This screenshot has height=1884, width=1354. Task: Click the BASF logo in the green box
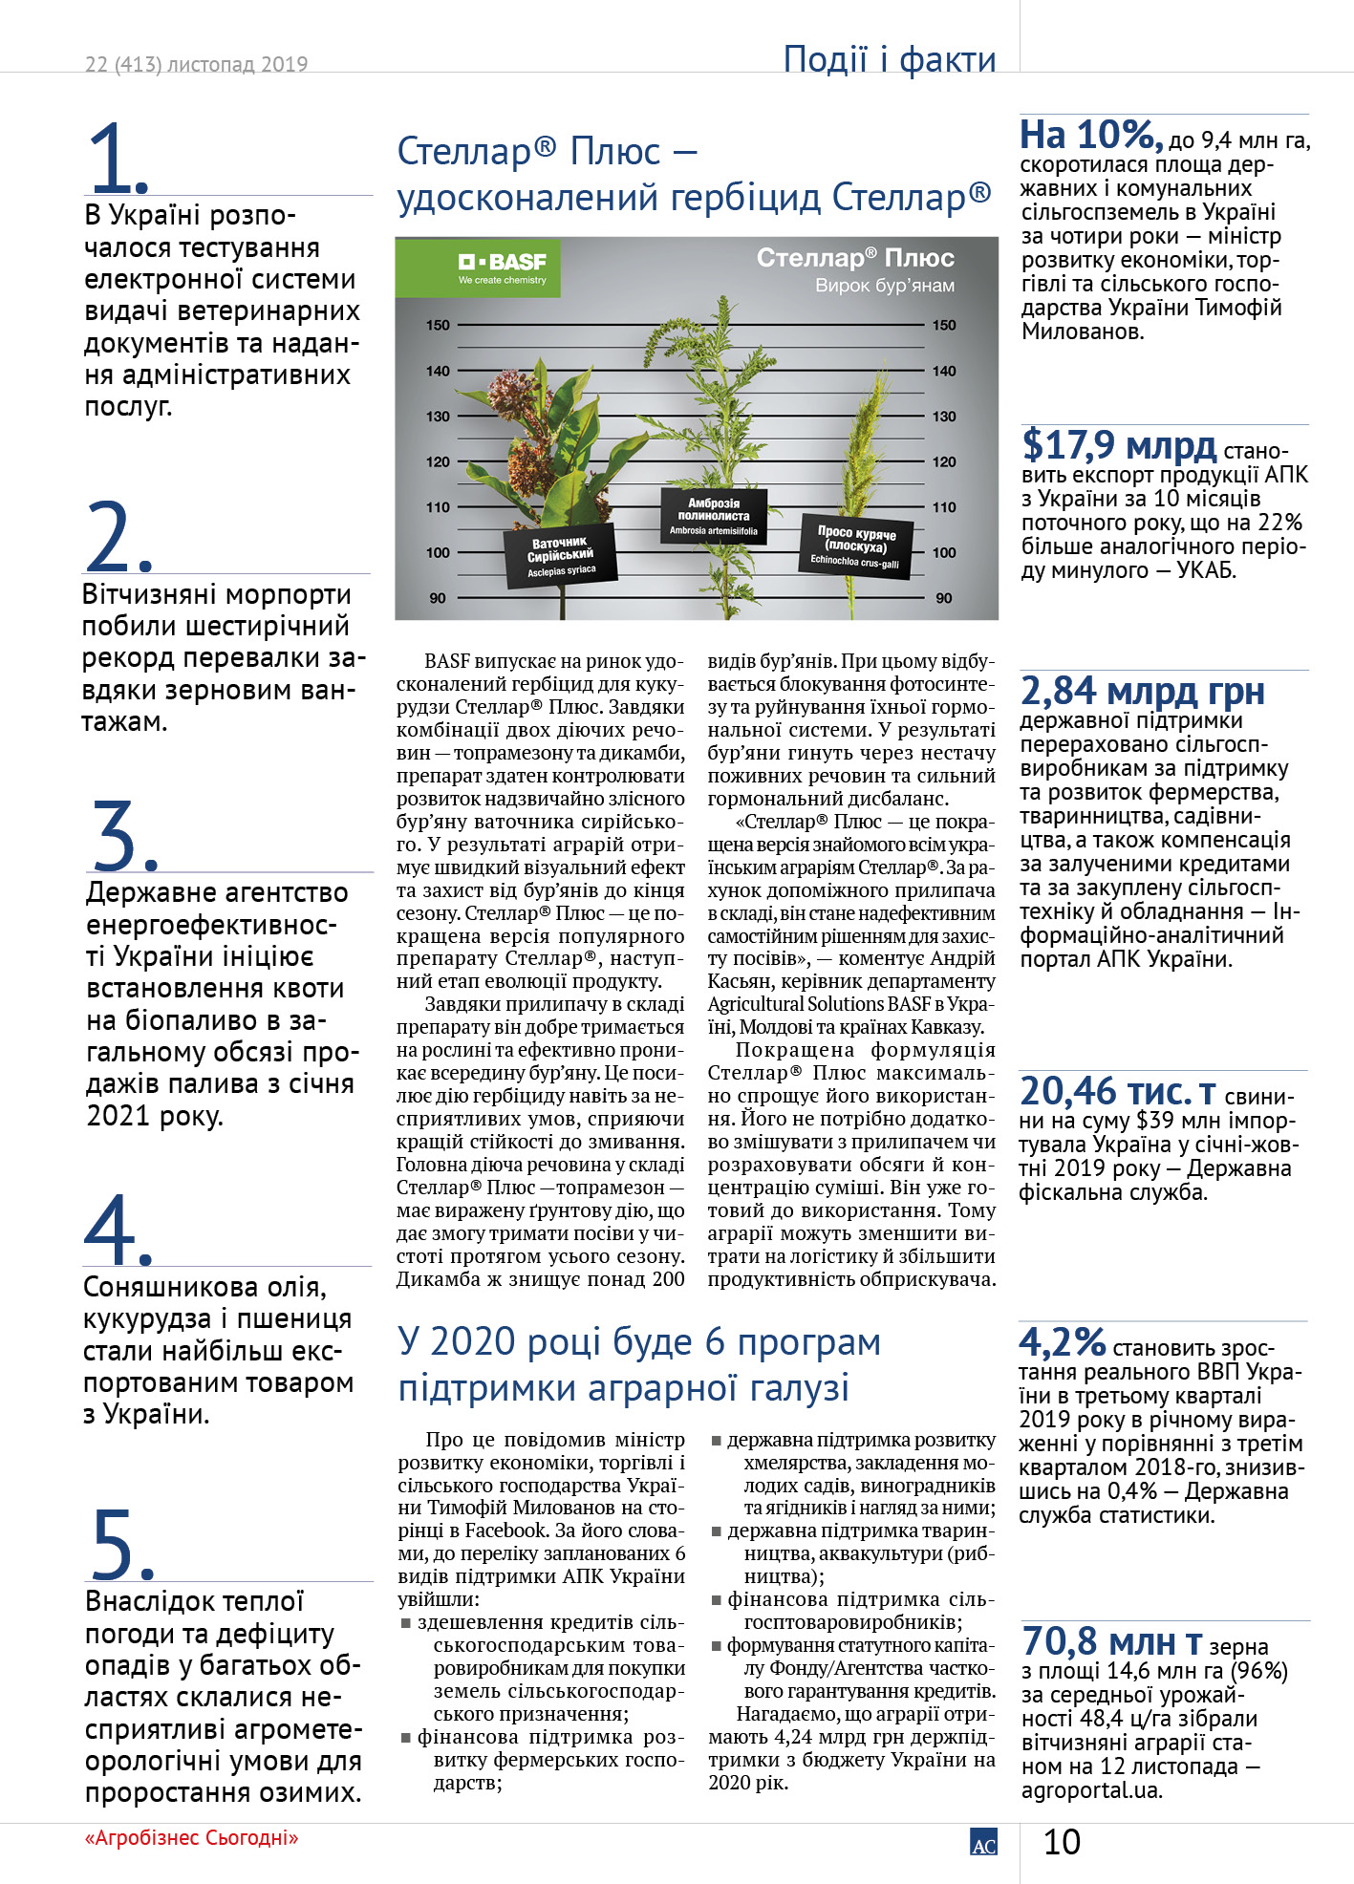tap(502, 265)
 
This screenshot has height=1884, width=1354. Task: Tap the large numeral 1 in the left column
tap(117, 158)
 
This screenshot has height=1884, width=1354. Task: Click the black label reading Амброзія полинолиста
tap(714, 516)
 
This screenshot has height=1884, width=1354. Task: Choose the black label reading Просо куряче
tap(855, 546)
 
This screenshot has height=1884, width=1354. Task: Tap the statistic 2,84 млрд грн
tap(1142, 691)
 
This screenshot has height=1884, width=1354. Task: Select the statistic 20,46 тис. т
tap(1117, 1092)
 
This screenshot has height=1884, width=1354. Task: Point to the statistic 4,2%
tap(1062, 1342)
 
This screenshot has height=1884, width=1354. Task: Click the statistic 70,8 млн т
tap(1111, 1642)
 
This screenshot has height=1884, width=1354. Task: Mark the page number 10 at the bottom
tap(1062, 1842)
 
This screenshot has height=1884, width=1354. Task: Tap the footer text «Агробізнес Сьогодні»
tap(191, 1838)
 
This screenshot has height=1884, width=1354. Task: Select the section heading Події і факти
tap(889, 59)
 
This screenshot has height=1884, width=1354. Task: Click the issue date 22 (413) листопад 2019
tap(196, 65)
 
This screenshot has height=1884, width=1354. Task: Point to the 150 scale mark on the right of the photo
tap(944, 325)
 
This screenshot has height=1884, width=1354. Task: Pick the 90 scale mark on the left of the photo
tap(438, 598)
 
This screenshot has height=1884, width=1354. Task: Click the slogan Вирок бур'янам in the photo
tap(885, 286)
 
